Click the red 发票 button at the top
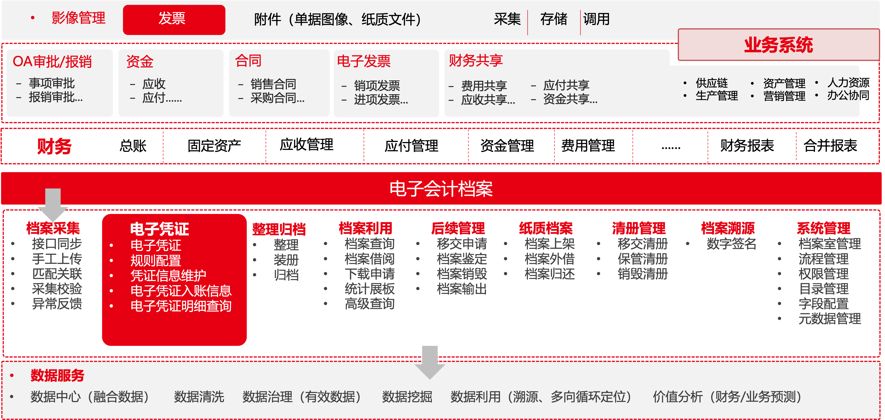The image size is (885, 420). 174,20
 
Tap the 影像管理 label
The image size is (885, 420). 78,18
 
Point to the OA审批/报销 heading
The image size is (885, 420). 52,62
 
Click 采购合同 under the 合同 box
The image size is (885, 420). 277,98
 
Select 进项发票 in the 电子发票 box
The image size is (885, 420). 381,100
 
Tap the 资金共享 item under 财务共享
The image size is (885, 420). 570,99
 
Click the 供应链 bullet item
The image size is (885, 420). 711,83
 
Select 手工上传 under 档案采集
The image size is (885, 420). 57,259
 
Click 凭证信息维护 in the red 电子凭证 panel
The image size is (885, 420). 168,276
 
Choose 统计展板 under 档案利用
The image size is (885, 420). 369,289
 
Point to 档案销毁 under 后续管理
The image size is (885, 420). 462,274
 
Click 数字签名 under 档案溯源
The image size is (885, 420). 731,244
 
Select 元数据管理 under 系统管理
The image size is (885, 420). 830,319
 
